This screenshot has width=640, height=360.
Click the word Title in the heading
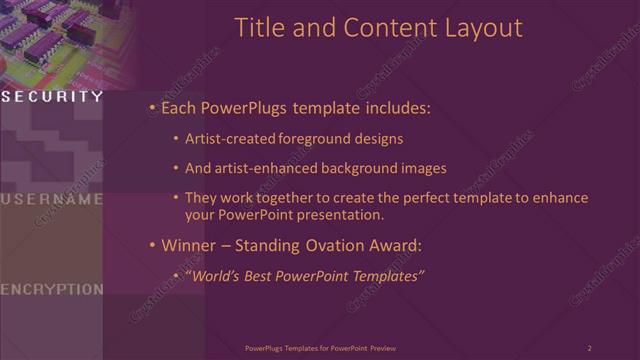(260, 28)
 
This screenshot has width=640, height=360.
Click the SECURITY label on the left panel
(52, 97)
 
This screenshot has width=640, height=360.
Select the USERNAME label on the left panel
(52, 199)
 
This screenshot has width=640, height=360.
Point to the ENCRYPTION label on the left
(52, 289)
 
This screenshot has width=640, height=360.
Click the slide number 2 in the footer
(589, 348)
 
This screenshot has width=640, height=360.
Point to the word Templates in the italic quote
(384, 275)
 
